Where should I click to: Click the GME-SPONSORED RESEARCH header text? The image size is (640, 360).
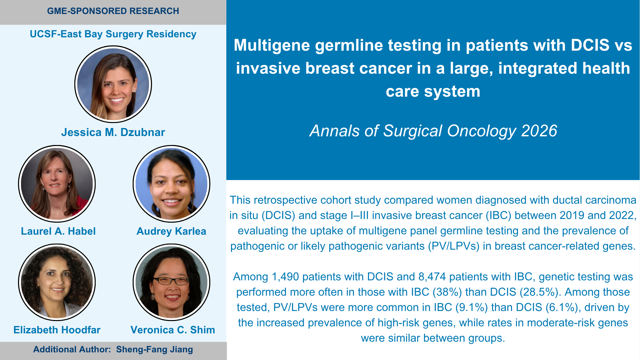113,11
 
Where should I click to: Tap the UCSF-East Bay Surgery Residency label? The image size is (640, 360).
113,34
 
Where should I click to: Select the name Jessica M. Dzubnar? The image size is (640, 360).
113,132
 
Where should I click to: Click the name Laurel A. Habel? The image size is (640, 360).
58,231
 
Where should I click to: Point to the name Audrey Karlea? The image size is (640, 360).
171,231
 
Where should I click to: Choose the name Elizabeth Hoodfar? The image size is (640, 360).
57,330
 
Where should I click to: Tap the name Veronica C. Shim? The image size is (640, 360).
173,330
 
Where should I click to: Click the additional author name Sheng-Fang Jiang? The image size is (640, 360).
154,349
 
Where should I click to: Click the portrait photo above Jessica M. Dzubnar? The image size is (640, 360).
113,84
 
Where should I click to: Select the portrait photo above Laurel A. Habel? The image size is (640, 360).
57,184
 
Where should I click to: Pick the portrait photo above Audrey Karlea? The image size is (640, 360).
171,184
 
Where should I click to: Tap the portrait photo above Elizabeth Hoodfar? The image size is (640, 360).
57,282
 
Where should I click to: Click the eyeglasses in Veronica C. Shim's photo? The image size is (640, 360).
171,281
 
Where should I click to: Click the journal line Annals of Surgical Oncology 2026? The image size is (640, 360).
433,131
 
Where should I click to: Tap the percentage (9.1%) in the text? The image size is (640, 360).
472,307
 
